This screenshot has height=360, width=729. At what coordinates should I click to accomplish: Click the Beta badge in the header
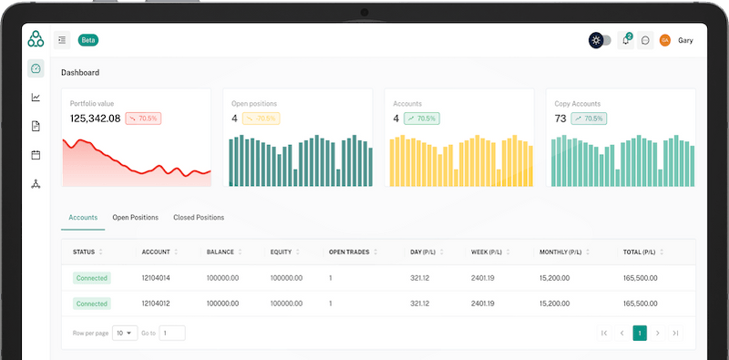tap(88, 40)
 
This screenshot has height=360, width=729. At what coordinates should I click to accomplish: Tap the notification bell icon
tap(625, 40)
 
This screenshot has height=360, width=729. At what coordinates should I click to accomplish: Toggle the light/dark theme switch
tap(600, 40)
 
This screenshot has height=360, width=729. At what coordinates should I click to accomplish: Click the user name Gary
tap(685, 40)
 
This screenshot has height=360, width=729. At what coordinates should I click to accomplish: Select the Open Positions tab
tap(135, 218)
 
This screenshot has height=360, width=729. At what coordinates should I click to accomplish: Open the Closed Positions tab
tap(199, 218)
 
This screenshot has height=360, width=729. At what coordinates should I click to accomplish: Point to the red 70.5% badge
tap(143, 118)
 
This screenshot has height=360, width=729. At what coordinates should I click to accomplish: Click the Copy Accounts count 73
tap(560, 118)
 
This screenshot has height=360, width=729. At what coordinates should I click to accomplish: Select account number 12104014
tap(157, 278)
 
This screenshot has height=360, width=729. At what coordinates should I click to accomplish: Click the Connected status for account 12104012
tap(91, 303)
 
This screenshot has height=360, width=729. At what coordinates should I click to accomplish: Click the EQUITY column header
tap(281, 252)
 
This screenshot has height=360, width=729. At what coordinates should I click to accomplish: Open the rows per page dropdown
tap(125, 334)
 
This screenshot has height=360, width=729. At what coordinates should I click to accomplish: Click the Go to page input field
tap(172, 334)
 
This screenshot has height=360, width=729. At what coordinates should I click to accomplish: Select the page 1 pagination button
tap(640, 334)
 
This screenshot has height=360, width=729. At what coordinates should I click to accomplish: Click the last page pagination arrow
tap(675, 334)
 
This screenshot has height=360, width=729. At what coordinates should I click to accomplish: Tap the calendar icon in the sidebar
tap(36, 155)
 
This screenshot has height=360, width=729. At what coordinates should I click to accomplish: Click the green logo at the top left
tap(36, 39)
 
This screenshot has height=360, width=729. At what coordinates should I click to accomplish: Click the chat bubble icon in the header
tap(645, 40)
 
